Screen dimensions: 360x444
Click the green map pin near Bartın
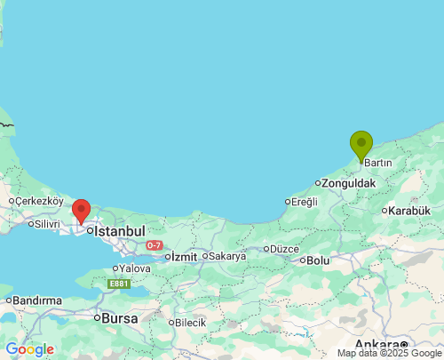click(361, 144)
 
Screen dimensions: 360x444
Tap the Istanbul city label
click(119, 230)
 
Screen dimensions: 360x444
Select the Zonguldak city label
click(349, 183)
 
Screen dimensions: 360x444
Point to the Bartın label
click(378, 163)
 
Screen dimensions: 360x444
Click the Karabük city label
click(410, 211)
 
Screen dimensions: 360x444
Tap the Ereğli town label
click(305, 202)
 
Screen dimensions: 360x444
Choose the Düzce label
click(284, 249)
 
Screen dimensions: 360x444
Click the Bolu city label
click(317, 260)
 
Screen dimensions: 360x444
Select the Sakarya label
click(226, 256)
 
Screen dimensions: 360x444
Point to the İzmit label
click(183, 256)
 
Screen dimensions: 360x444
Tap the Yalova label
click(135, 268)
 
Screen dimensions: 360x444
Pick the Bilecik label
click(190, 323)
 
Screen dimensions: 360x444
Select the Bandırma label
click(37, 300)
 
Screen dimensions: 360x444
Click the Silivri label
click(45, 223)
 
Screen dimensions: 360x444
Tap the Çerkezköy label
click(39, 201)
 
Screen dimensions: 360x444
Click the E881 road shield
click(119, 284)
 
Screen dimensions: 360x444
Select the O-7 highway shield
click(154, 244)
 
